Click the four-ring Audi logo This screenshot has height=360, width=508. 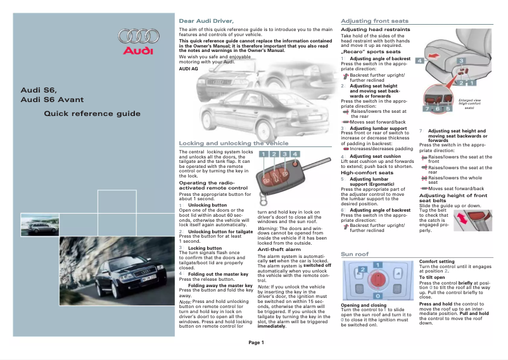pos(136,35)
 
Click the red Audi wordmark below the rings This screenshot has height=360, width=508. pos(136,51)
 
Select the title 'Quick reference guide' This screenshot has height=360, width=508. pos(92,114)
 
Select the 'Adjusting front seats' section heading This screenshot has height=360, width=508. pos(375,21)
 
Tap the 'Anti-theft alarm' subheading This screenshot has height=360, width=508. pos(279,250)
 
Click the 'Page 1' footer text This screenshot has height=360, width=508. pos(256,342)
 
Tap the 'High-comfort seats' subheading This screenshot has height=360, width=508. pos(367,172)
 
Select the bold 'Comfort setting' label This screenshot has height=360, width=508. pos(436,261)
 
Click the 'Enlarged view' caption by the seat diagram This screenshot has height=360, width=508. pos(469,100)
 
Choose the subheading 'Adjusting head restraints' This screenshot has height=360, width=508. pos(376,29)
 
